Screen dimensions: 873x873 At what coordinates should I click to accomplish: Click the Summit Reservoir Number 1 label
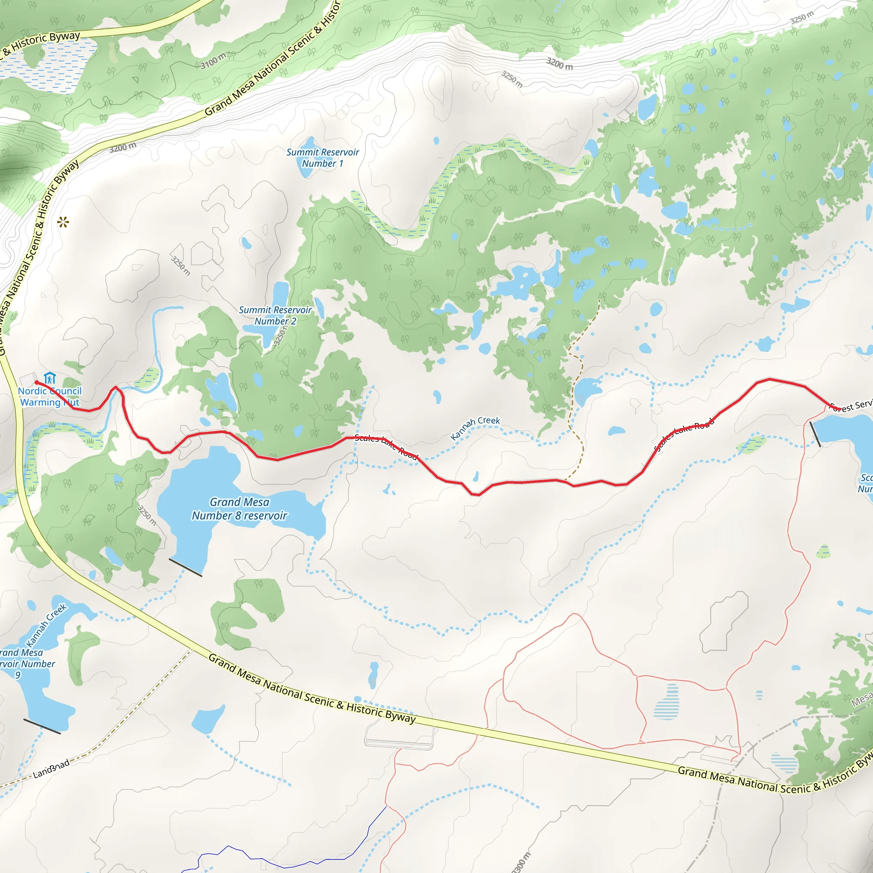click(x=323, y=158)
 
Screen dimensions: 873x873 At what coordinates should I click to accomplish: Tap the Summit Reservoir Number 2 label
click(x=275, y=315)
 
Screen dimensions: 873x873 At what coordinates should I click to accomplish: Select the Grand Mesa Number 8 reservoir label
click(x=240, y=509)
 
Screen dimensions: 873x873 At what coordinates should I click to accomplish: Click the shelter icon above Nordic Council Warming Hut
click(x=50, y=378)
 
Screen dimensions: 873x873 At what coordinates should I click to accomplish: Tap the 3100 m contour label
click(x=213, y=61)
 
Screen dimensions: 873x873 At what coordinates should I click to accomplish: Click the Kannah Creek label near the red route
click(x=475, y=428)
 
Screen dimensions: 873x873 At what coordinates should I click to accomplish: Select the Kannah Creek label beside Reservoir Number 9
click(x=46, y=625)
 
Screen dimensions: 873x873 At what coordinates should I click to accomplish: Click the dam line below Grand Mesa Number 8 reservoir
click(x=185, y=567)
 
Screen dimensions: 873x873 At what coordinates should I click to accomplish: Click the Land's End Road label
click(x=52, y=769)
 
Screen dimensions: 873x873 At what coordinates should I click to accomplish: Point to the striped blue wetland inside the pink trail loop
click(x=666, y=701)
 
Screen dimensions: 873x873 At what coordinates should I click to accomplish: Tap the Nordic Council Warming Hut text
click(x=50, y=397)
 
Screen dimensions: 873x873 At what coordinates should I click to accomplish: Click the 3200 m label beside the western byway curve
click(x=122, y=147)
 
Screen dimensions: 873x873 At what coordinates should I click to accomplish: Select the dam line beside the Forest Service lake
click(x=815, y=434)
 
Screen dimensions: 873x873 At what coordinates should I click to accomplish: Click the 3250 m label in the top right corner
click(x=802, y=17)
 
